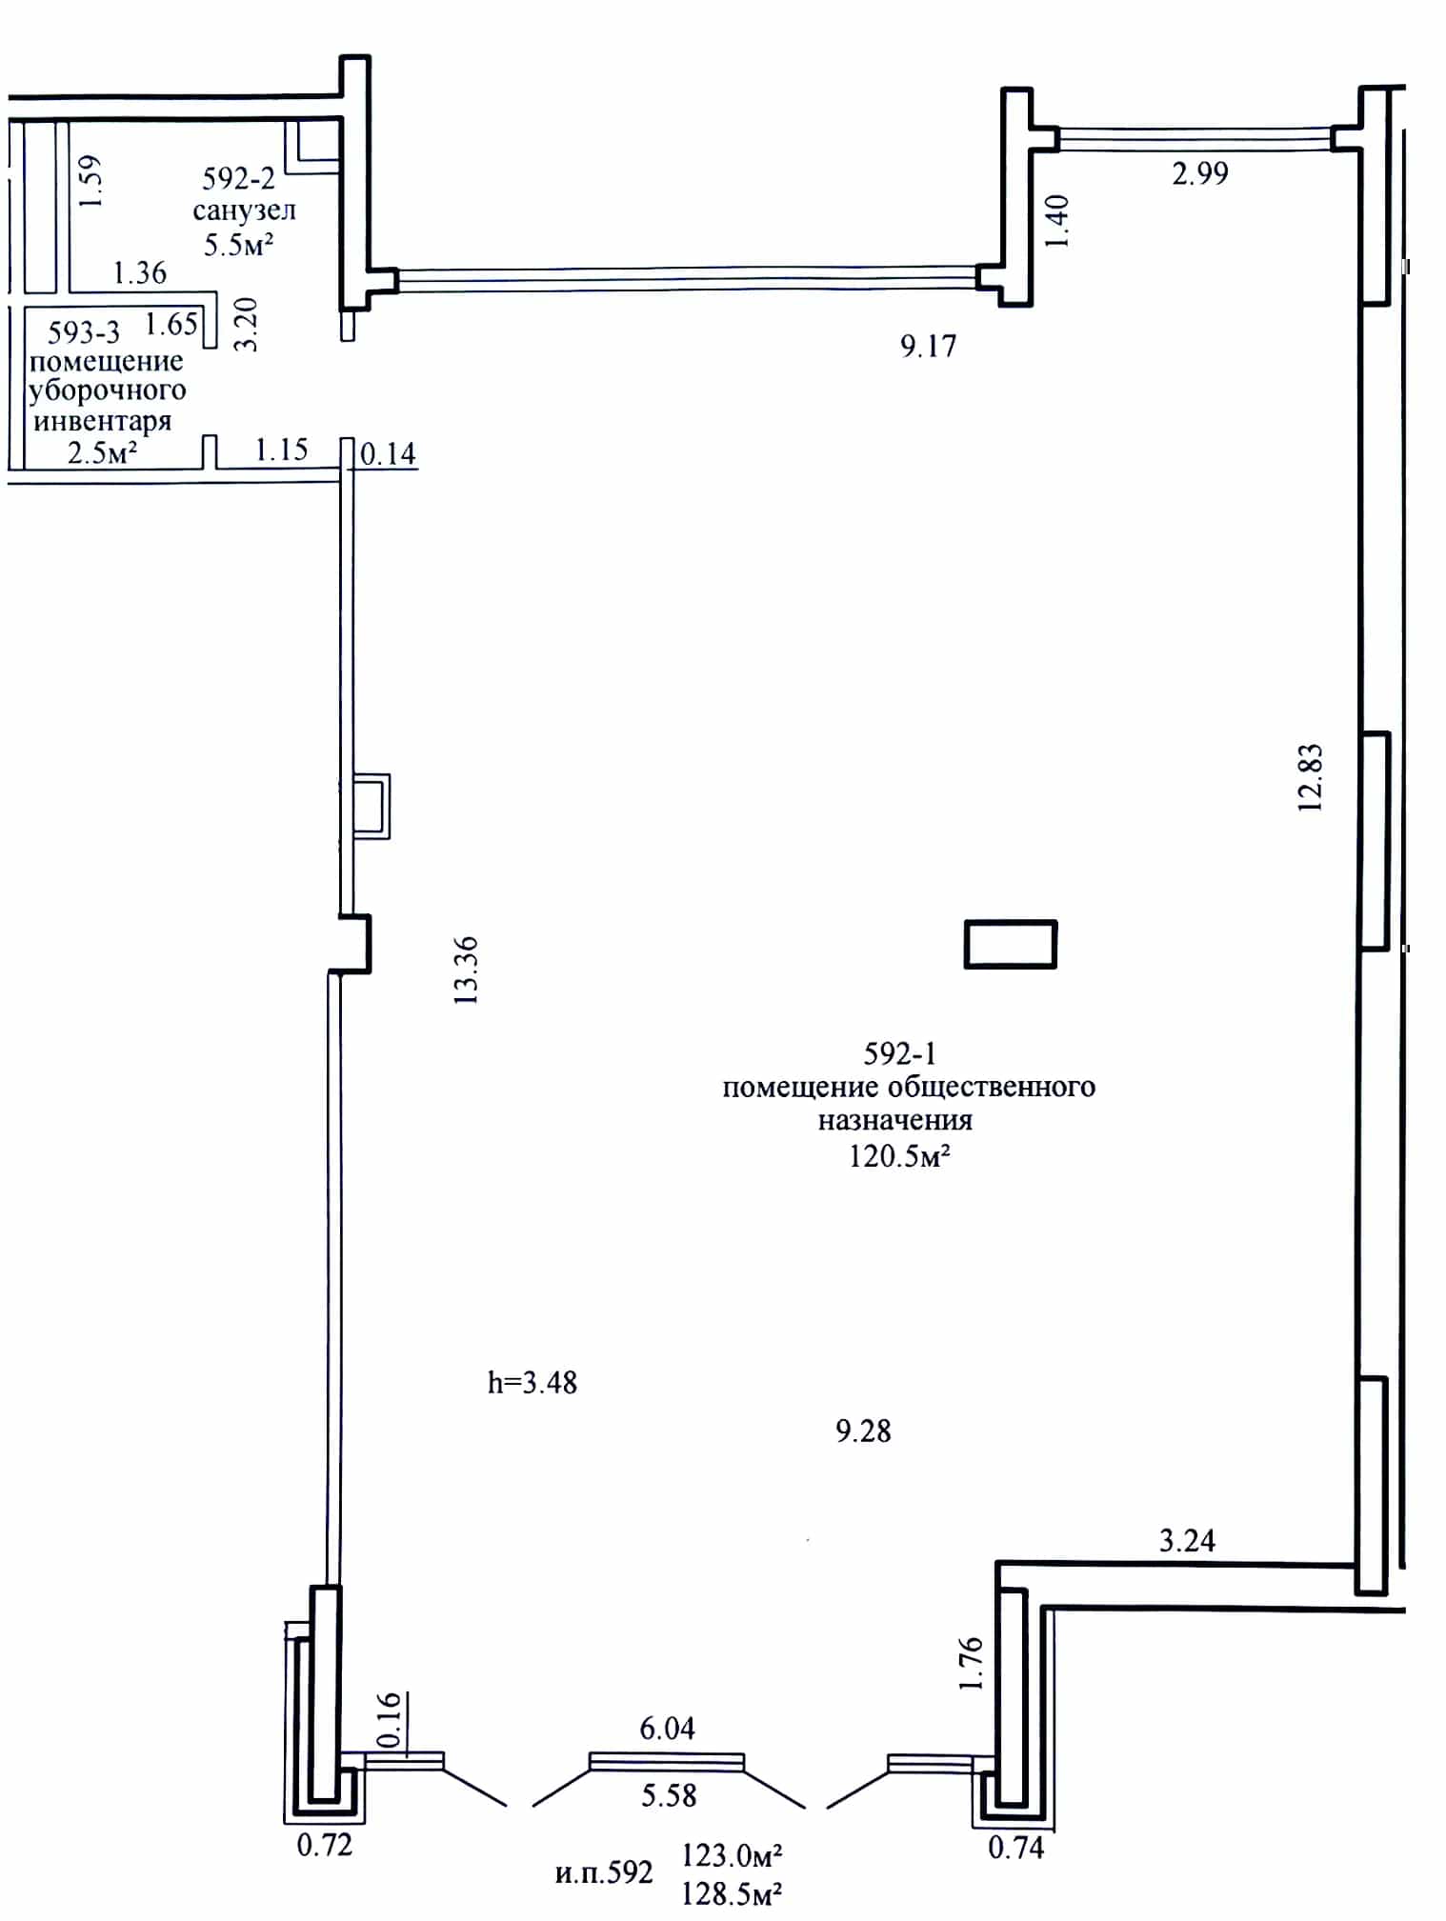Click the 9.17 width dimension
point(928,345)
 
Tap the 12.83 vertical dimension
point(1311,777)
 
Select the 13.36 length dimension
point(466,971)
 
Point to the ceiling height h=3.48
point(532,1382)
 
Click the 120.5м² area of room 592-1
point(900,1156)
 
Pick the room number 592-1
point(900,1053)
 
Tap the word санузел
point(245,210)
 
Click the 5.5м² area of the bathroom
point(239,245)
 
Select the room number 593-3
point(84,332)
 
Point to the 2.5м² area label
point(103,452)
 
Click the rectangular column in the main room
point(1011,944)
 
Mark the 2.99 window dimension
point(1200,173)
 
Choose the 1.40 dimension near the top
point(1057,221)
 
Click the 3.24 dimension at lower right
point(1187,1541)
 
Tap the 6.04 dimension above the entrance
point(667,1728)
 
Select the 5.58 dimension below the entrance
point(669,1795)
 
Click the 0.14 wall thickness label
point(388,453)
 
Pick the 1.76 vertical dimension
point(970,1663)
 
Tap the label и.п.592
point(604,1873)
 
